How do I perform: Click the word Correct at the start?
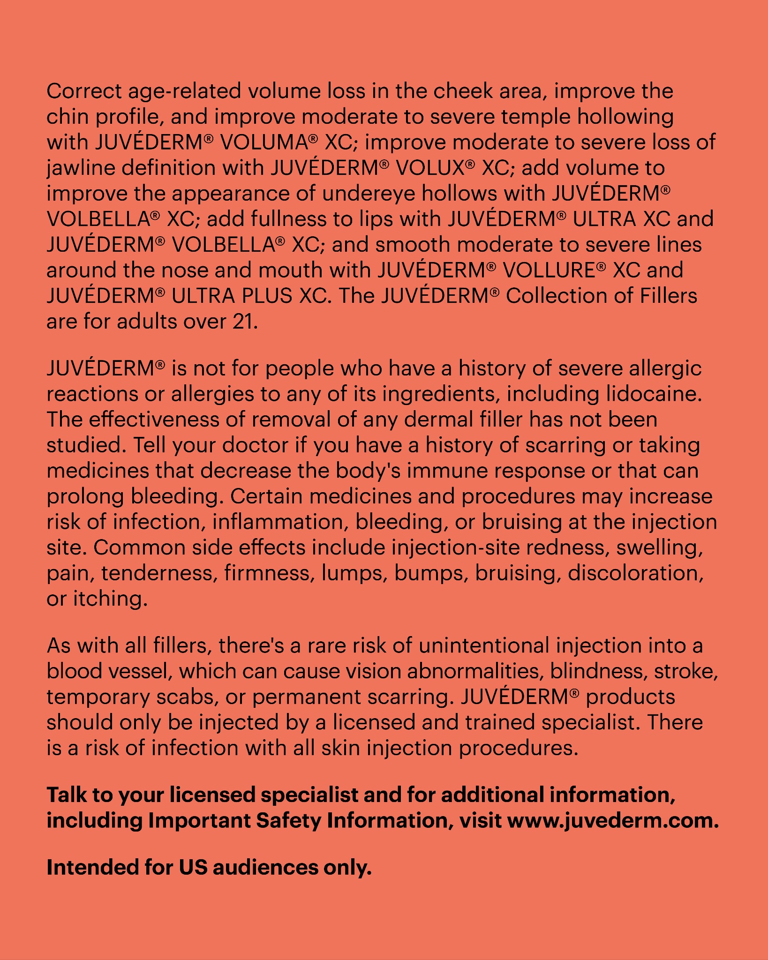84,91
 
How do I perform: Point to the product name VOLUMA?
264,142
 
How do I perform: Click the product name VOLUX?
430,168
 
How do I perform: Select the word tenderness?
159,573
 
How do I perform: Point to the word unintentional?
484,646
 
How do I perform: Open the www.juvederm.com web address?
612,821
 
